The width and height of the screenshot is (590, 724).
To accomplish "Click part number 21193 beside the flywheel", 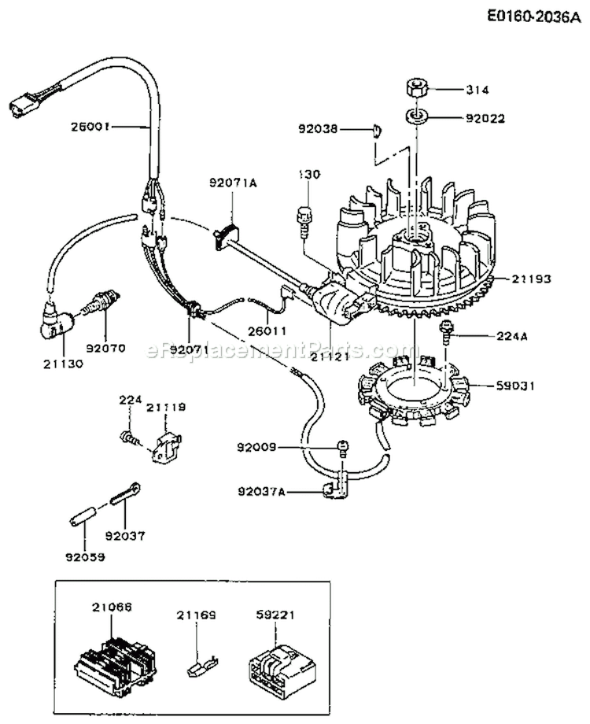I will pyautogui.click(x=533, y=279).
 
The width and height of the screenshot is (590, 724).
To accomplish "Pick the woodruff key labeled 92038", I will pyautogui.click(x=378, y=130).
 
